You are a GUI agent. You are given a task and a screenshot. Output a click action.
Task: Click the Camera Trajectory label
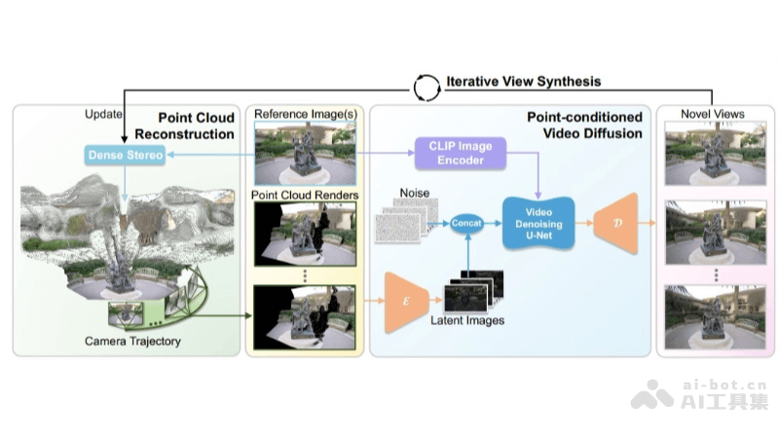(x=133, y=341)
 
